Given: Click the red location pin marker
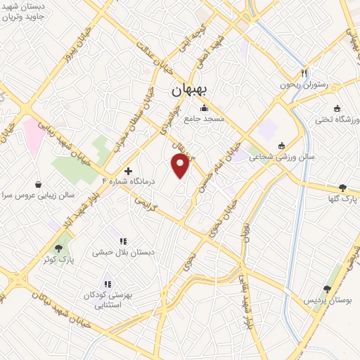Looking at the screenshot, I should [x=181, y=165].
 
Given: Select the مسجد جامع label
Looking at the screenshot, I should [x=204, y=120].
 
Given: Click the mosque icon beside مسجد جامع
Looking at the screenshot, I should [x=204, y=108].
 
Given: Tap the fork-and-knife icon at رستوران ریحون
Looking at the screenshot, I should [x=304, y=73].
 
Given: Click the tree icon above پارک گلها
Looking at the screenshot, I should [x=342, y=188].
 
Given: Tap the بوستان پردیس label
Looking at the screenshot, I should [x=327, y=300].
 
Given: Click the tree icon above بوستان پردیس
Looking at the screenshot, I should [x=327, y=289].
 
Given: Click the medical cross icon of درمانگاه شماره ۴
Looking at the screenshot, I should [x=128, y=170].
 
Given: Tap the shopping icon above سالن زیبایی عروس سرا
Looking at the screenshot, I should [x=37, y=183].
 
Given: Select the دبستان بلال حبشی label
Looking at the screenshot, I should [x=123, y=252].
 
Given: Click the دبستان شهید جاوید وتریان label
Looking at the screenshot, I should [x=24, y=9].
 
